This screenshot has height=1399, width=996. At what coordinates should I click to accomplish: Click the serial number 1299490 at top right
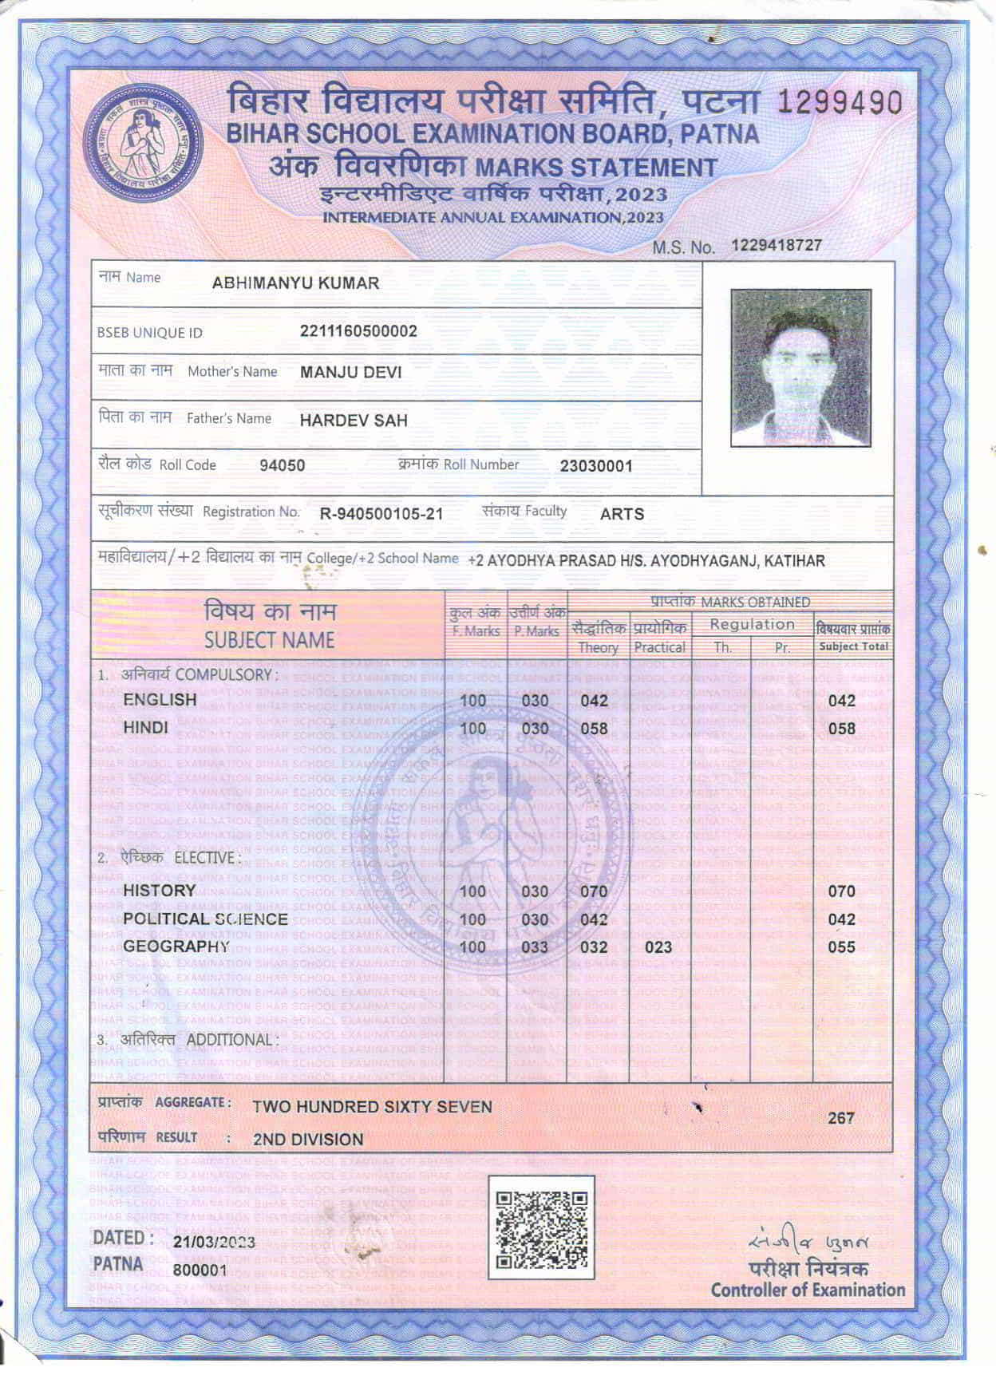(x=840, y=103)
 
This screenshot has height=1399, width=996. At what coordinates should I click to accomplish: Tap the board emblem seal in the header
(x=144, y=144)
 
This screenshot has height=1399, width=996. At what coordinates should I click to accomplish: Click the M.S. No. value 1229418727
(x=777, y=245)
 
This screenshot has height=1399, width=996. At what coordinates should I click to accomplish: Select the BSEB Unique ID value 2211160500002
(x=358, y=331)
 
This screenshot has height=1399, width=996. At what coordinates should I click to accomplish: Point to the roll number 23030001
(x=596, y=466)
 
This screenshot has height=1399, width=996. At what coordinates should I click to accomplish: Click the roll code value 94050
(x=282, y=465)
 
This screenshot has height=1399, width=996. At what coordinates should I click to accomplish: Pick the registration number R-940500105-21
(x=381, y=514)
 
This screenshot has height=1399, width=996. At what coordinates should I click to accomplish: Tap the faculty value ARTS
(x=622, y=514)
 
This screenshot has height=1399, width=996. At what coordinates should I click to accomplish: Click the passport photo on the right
(x=800, y=367)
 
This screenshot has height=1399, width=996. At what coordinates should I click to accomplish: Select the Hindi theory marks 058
(x=594, y=729)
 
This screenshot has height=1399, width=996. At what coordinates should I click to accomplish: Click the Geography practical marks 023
(x=658, y=947)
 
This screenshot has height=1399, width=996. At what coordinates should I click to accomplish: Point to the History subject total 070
(x=841, y=891)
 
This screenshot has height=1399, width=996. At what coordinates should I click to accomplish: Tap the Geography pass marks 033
(x=535, y=947)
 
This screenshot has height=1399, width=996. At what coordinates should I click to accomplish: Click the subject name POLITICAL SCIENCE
(x=205, y=919)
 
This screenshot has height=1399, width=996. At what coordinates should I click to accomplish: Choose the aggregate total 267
(x=840, y=1118)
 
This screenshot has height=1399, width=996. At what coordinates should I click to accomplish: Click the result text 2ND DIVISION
(x=308, y=1140)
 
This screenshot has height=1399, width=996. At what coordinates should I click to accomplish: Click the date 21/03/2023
(x=214, y=1243)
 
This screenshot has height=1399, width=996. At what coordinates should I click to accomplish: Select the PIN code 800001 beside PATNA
(x=200, y=1270)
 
